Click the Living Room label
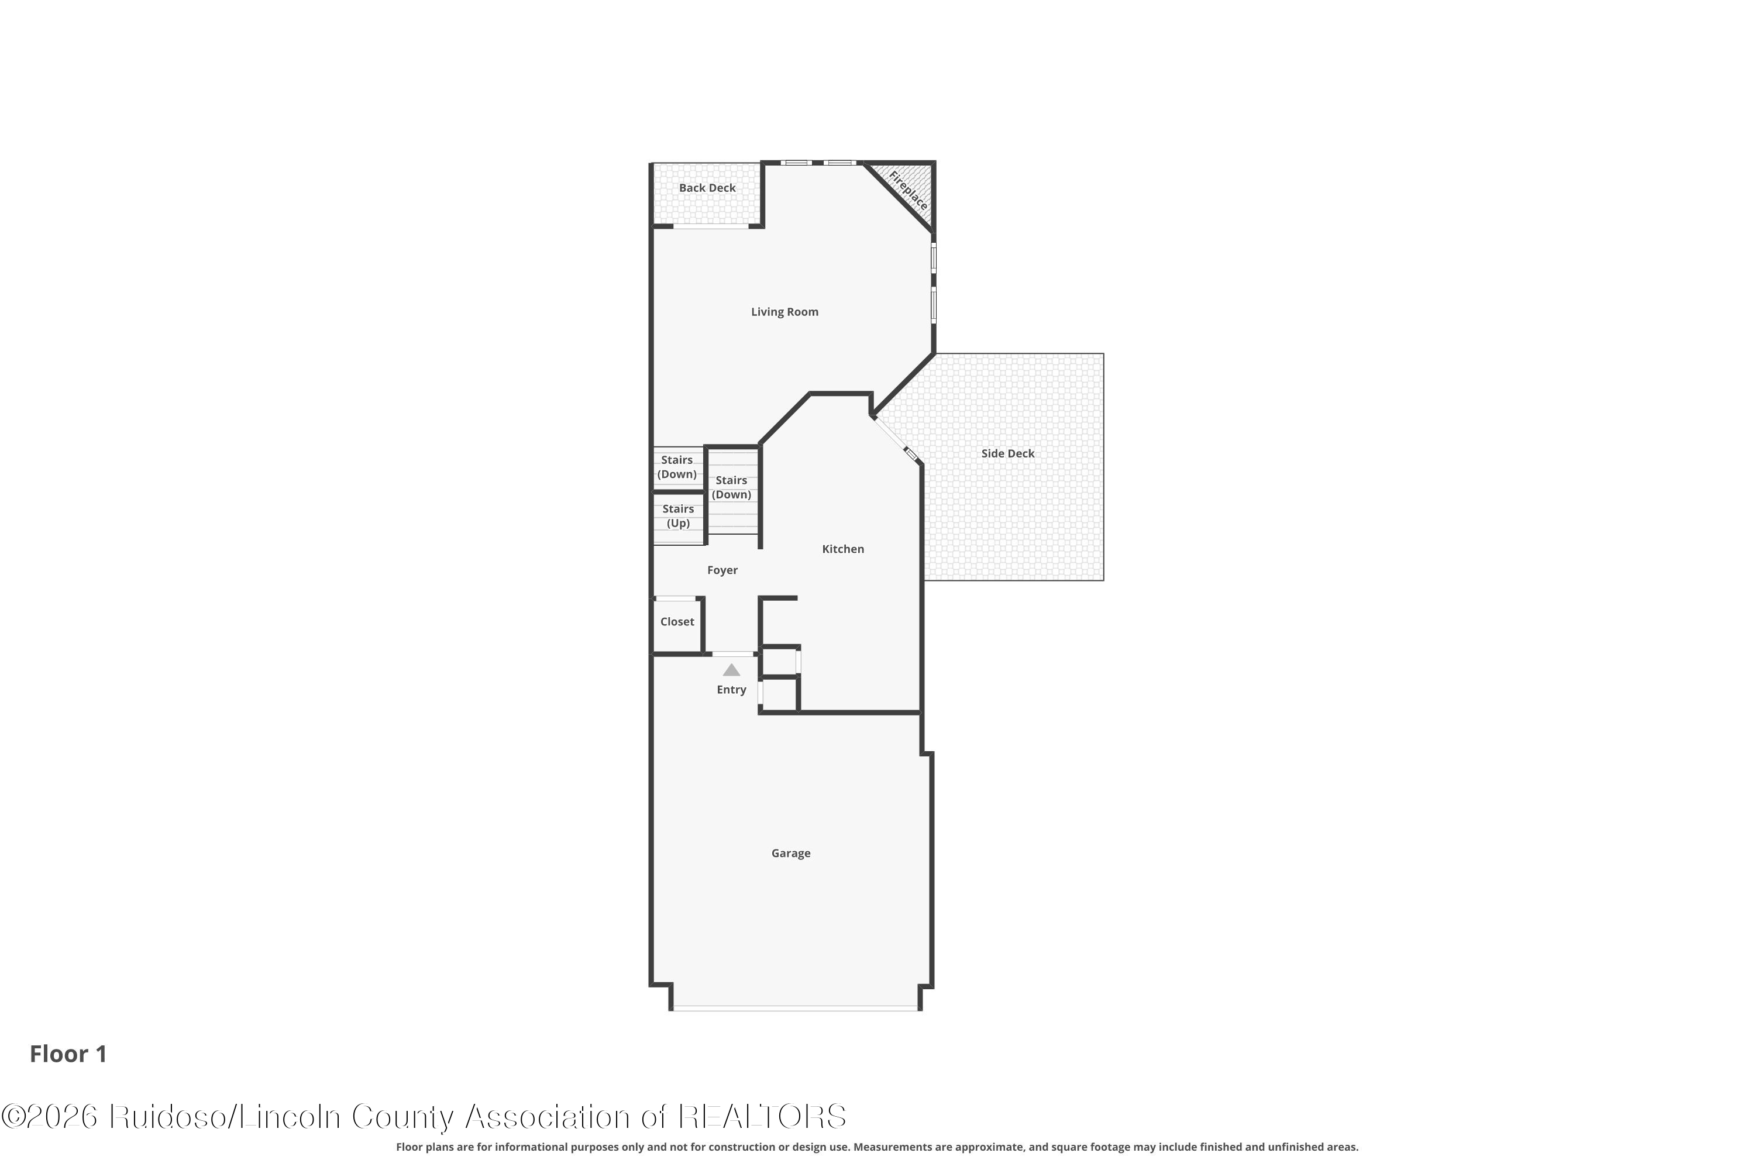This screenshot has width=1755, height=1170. point(784,312)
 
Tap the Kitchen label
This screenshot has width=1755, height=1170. point(843,549)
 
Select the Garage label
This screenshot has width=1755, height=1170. point(791,853)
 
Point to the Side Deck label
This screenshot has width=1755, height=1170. point(1008,454)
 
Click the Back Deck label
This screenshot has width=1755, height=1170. point(707,188)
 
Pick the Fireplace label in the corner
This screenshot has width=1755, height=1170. point(908,190)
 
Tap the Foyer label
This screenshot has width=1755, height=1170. point(722,570)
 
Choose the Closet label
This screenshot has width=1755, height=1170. point(677,621)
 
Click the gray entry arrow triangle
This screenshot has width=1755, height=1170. point(731,670)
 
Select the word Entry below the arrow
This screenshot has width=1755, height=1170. point(731,690)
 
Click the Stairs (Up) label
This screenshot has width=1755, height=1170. point(678,515)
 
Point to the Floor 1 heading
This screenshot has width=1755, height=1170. point(68,1054)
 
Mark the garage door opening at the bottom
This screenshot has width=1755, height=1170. point(796,1008)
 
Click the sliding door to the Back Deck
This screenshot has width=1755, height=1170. point(711,225)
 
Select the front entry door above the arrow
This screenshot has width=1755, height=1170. point(733,653)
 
